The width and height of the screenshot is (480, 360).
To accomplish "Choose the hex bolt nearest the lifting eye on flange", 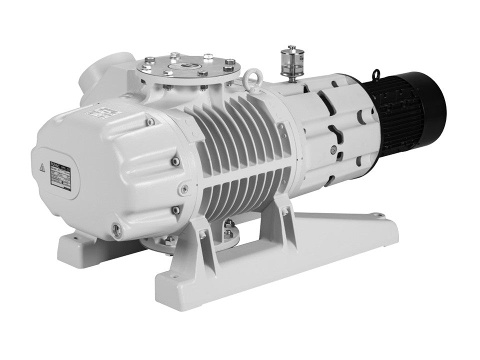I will (x=229, y=62).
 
